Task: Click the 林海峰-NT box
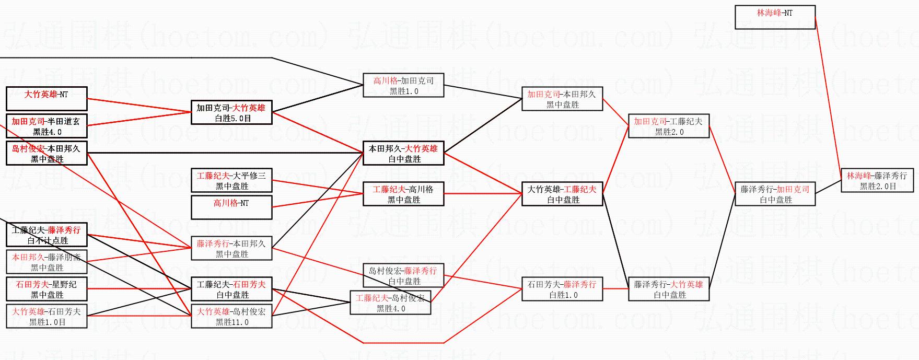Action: pyautogui.click(x=775, y=17)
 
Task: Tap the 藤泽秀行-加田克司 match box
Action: pyautogui.click(x=775, y=194)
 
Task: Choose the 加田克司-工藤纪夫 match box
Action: pyautogui.click(x=668, y=126)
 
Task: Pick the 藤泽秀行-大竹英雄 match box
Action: pyautogui.click(x=668, y=289)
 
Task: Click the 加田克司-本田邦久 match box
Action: pyautogui.click(x=562, y=99)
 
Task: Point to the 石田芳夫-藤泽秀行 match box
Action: pyautogui.click(x=562, y=289)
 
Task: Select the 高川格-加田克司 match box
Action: pyautogui.click(x=403, y=85)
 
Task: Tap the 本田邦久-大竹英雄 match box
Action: pyautogui.click(x=403, y=153)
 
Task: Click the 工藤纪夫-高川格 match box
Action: pyautogui.click(x=403, y=194)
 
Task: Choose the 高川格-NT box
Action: pyautogui.click(x=231, y=207)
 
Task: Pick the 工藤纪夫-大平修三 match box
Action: pyautogui.click(x=231, y=180)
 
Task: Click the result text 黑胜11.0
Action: pyautogui.click(x=232, y=322)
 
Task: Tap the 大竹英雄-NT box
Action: pyautogui.click(x=46, y=99)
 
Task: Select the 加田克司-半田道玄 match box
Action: pyautogui.click(x=46, y=126)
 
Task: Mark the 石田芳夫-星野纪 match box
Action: pyautogui.click(x=46, y=289)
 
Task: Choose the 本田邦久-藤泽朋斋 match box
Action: pyautogui.click(x=46, y=262)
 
